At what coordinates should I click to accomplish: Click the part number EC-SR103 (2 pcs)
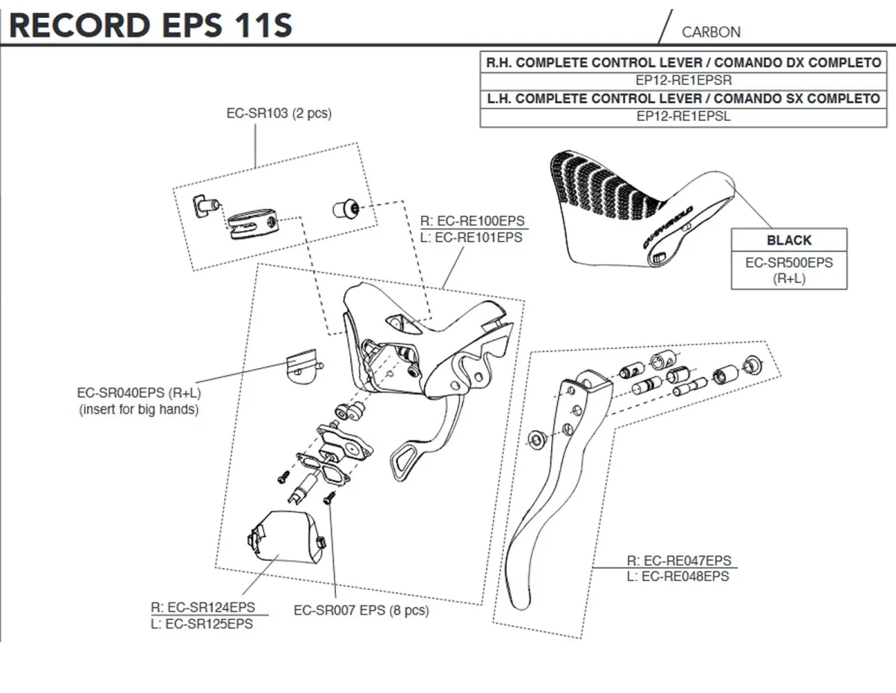[279, 114]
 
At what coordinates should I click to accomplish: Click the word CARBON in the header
[711, 32]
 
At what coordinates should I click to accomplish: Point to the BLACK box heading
[788, 240]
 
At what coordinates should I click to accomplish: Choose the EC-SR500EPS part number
[788, 263]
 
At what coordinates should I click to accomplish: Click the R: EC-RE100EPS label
[473, 222]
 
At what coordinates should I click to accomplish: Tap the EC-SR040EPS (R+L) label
[139, 394]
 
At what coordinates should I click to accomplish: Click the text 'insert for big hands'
[139, 410]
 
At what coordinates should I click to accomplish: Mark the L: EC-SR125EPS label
[202, 624]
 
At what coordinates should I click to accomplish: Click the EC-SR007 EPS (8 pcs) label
[361, 610]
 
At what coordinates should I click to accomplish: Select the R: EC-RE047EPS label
[679, 561]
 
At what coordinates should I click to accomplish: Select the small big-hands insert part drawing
[302, 367]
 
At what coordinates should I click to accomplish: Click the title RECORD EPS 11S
[150, 24]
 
